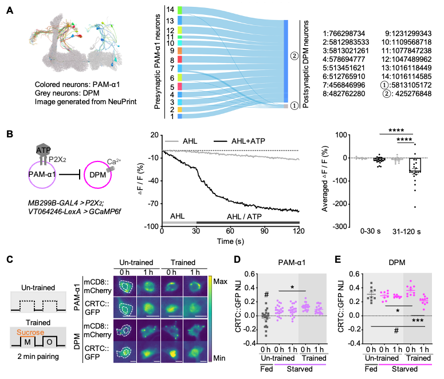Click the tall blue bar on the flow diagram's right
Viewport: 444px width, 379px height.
pyautogui.click(x=286, y=60)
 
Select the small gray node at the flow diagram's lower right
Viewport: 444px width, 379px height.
pyautogui.click(x=286, y=106)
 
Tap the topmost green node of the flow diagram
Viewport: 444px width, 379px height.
pyautogui.click(x=180, y=10)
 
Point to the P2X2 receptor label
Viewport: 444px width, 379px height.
pyautogui.click(x=57, y=159)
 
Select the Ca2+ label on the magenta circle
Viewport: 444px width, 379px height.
pyautogui.click(x=113, y=162)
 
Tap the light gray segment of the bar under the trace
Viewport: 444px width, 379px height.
pyautogui.click(x=179, y=222)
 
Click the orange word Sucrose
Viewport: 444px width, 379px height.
pyautogui.click(x=30, y=332)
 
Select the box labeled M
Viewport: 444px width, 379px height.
pyautogui.click(x=27, y=342)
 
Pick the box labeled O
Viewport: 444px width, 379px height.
pyautogui.click(x=49, y=342)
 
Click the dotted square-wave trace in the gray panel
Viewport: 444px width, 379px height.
pyautogui.click(x=38, y=302)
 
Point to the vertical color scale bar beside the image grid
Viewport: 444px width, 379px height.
pyautogui.click(x=210, y=318)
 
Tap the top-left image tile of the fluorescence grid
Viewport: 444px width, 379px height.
pyautogui.click(x=125, y=286)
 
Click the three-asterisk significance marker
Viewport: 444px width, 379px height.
pyautogui.click(x=418, y=321)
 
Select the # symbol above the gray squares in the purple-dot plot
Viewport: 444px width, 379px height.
pyautogui.click(x=266, y=295)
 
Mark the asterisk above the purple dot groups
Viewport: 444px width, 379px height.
pyautogui.click(x=292, y=288)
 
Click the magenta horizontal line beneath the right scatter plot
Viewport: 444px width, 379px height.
pyautogui.click(x=405, y=364)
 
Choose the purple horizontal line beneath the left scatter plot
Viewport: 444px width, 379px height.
pyautogui.click(x=300, y=364)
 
